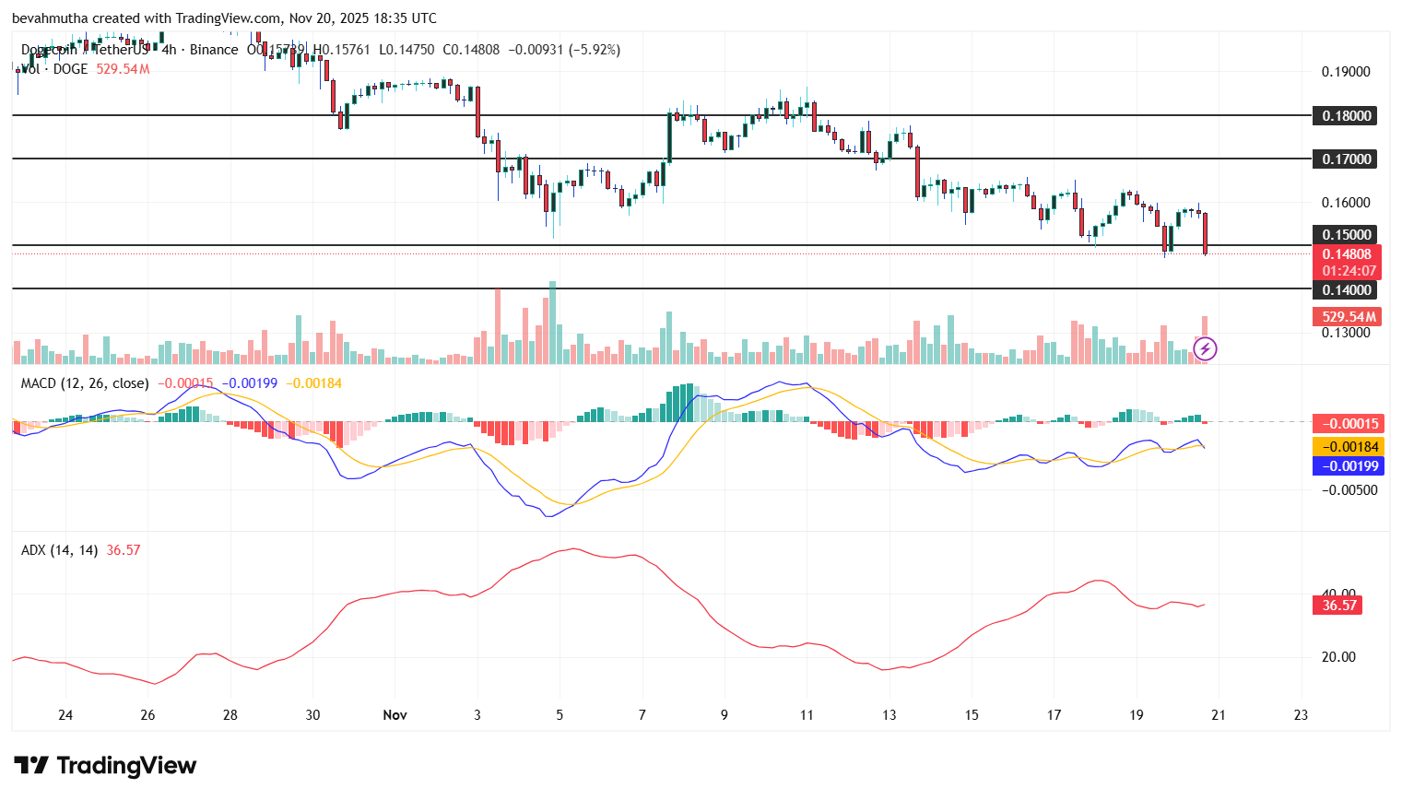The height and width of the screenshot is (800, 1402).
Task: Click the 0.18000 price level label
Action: (x=1346, y=115)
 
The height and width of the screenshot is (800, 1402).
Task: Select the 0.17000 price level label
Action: (x=1346, y=159)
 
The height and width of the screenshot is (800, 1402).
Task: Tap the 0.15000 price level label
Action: (x=1346, y=234)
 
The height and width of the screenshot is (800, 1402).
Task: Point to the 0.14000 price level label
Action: (x=1346, y=289)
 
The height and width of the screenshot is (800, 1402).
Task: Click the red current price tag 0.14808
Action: (x=1347, y=254)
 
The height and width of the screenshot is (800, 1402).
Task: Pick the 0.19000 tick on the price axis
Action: (x=1346, y=72)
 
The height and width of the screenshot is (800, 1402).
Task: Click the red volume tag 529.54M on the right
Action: (x=1347, y=316)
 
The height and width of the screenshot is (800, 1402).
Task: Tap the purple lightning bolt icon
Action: (x=1205, y=348)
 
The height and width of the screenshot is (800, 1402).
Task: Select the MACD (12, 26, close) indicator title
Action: (x=85, y=382)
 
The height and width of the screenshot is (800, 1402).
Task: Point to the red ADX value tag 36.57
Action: (x=1338, y=606)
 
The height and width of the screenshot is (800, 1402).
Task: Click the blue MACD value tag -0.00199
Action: (x=1347, y=465)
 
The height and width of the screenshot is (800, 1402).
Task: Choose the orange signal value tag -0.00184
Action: (x=1347, y=446)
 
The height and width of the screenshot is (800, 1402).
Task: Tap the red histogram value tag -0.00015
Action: (x=1347, y=423)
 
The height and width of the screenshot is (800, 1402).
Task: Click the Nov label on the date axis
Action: (x=395, y=714)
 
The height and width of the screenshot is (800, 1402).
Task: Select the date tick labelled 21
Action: (x=1219, y=714)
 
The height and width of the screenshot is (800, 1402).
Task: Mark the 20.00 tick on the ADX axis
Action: (x=1338, y=657)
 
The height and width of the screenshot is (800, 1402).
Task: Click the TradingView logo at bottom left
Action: (x=105, y=766)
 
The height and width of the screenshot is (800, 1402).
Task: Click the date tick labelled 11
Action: (x=807, y=714)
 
